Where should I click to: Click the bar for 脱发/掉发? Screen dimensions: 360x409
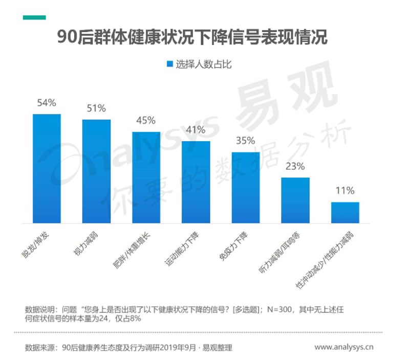pos(47,168)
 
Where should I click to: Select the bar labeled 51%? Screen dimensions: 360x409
pos(96,171)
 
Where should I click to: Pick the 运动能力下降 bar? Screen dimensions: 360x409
pos(196,182)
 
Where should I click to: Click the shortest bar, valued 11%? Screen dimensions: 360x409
pos(345,213)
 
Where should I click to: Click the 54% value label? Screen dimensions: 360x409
pos(46,103)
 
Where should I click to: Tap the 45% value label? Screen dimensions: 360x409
pos(146,121)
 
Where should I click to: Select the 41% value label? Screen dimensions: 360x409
pos(196,130)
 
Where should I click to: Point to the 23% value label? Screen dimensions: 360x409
pos(295,166)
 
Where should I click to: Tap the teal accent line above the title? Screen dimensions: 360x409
pos(34,17)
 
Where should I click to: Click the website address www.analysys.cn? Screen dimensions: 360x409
pos(343,348)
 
